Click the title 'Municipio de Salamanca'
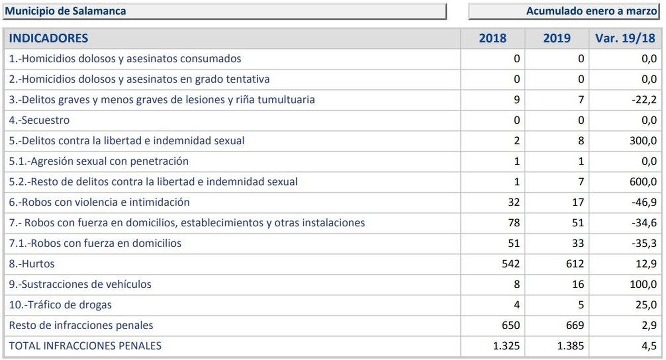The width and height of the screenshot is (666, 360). [x=65, y=11]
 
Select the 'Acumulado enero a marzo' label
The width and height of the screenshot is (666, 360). [x=591, y=11]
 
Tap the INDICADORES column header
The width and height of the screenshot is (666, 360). [x=48, y=38]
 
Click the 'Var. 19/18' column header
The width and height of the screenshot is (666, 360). [x=625, y=38]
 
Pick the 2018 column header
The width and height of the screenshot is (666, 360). [x=492, y=38]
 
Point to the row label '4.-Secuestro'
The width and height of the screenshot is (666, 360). [x=39, y=120]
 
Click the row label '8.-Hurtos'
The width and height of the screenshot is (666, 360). [x=32, y=264]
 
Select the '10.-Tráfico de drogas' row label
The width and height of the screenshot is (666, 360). [x=60, y=305]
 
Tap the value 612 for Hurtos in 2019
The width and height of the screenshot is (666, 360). [x=575, y=264]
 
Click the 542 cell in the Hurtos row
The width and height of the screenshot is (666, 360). [x=511, y=264]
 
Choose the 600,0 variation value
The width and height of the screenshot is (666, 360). [x=643, y=182]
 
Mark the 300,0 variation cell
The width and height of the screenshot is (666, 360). [x=643, y=141]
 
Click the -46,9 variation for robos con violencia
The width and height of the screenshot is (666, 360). [x=644, y=202]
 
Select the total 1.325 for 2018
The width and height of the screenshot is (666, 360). [x=506, y=346]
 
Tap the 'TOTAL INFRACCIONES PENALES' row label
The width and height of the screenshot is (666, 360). [x=85, y=346]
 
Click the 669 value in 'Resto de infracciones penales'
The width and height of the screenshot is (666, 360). [x=575, y=325]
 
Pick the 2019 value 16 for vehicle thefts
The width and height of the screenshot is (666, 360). [x=578, y=284]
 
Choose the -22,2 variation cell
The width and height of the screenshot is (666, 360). [x=644, y=100]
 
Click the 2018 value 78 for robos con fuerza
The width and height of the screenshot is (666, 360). [x=514, y=223]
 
